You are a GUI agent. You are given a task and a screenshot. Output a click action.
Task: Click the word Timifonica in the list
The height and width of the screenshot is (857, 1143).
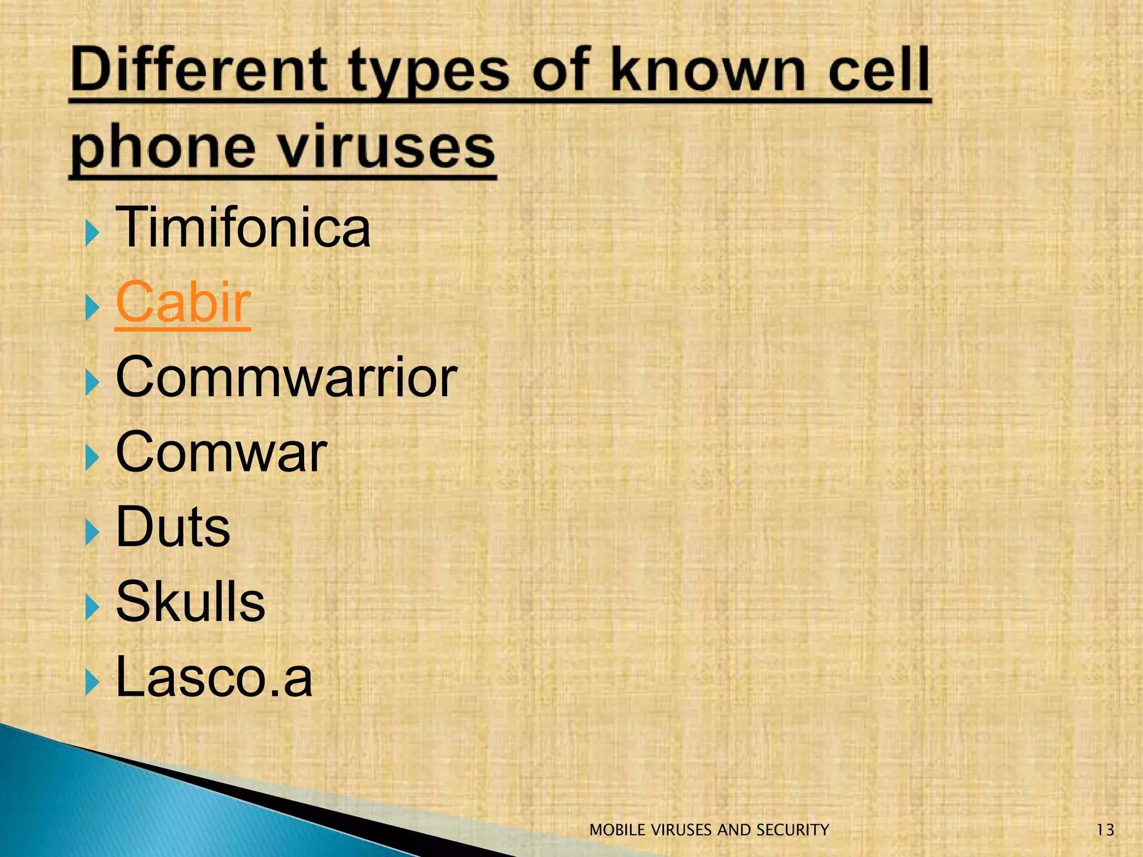(x=243, y=228)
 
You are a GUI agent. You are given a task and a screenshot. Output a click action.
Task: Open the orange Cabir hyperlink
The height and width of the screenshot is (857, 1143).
(x=183, y=302)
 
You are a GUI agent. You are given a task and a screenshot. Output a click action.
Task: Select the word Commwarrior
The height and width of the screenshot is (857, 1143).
(x=286, y=377)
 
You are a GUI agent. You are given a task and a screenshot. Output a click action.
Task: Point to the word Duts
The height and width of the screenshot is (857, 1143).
(x=173, y=527)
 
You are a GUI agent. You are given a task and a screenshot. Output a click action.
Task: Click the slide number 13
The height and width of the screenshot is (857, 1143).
(x=1105, y=830)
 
